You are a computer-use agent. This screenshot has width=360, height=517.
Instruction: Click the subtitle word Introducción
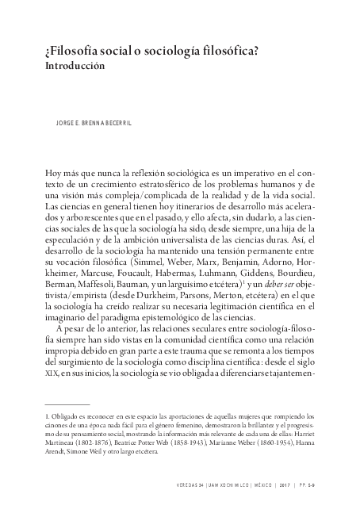[75, 67]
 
